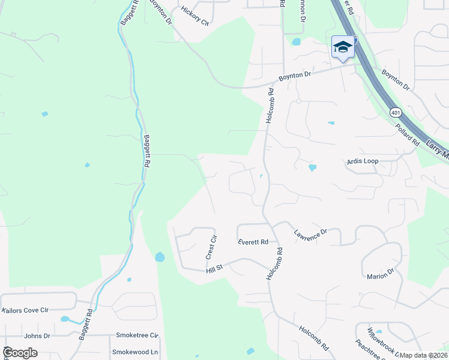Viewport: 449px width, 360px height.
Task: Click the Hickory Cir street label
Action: [x=196, y=17]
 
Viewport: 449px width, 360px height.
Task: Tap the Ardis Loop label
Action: [x=363, y=161]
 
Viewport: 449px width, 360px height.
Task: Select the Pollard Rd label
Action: [x=407, y=134]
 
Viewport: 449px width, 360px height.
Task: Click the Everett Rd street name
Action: [x=252, y=242]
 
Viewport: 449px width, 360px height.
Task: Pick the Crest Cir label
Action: [x=211, y=247]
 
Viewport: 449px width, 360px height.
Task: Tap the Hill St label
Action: [x=214, y=270]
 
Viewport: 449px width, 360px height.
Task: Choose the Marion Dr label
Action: [x=380, y=274]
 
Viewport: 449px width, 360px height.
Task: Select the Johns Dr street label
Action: [x=37, y=336]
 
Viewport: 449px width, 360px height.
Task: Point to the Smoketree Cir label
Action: [x=137, y=335]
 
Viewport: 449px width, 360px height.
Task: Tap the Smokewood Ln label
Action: [x=135, y=352]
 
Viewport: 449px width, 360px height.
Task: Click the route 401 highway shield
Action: [x=395, y=112]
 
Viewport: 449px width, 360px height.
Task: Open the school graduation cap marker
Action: [x=343, y=47]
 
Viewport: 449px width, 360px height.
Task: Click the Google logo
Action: [x=20, y=353]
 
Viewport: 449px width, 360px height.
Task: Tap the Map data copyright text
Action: [x=423, y=355]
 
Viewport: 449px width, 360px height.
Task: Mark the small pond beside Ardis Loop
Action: [x=312, y=167]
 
